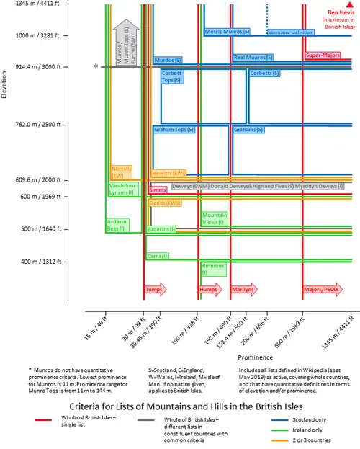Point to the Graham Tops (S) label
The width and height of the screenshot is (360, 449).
tap(175, 130)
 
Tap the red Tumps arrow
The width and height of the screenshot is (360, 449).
tap(155, 290)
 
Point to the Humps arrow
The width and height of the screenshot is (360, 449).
tap(210, 290)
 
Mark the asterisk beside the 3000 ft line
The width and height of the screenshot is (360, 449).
tap(95, 67)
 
